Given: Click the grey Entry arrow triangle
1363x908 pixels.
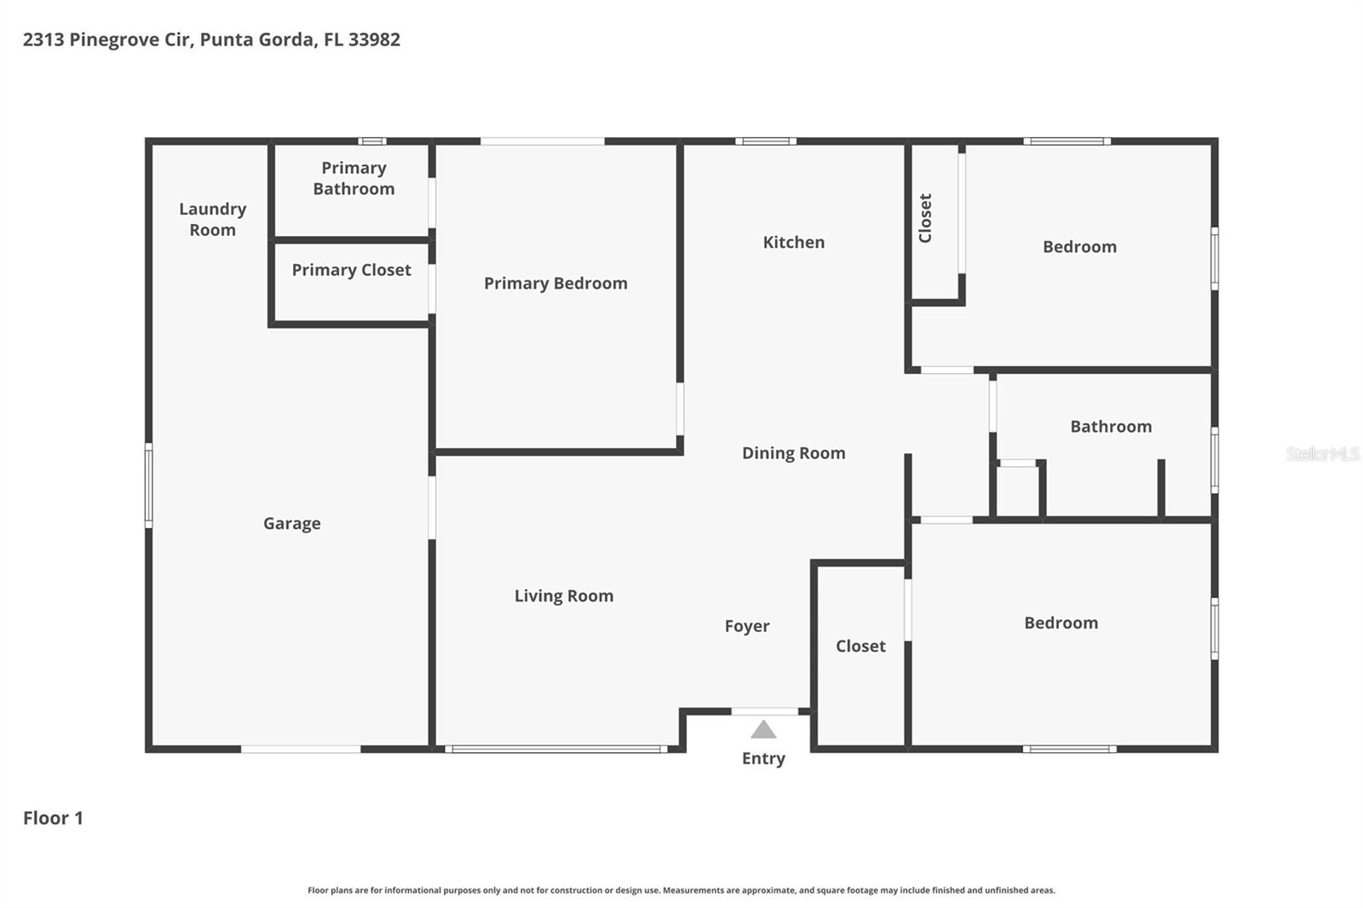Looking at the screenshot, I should click(763, 730).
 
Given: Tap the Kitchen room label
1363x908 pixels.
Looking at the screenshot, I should click(793, 243).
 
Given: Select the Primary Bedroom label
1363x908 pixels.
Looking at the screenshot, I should click(555, 284).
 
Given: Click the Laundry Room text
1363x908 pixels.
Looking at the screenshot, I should click(212, 220).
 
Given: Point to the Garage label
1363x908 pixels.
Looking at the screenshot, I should click(291, 524).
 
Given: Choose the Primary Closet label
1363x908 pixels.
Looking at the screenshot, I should click(351, 270).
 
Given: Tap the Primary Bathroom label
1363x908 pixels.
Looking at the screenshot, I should click(354, 179).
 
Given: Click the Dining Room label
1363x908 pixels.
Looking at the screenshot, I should click(793, 453).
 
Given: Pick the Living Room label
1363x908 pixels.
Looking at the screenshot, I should click(563, 596).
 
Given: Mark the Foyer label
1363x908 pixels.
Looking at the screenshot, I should click(746, 626).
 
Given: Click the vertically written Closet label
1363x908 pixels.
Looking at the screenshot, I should click(925, 218).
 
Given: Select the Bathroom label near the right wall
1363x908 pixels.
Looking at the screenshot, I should click(1110, 427).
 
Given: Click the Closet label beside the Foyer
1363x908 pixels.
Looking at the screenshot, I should click(860, 647).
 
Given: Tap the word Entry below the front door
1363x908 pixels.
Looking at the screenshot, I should click(763, 758).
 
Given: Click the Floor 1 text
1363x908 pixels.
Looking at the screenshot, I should click(53, 819).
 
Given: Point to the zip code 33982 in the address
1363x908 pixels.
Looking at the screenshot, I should click(374, 39).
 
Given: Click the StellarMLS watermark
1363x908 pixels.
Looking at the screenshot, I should click(1322, 454).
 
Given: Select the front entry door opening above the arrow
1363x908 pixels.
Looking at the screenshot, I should click(765, 711).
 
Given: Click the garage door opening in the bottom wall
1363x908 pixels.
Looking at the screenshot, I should click(301, 750).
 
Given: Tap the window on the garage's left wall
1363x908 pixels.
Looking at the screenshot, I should click(149, 486).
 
